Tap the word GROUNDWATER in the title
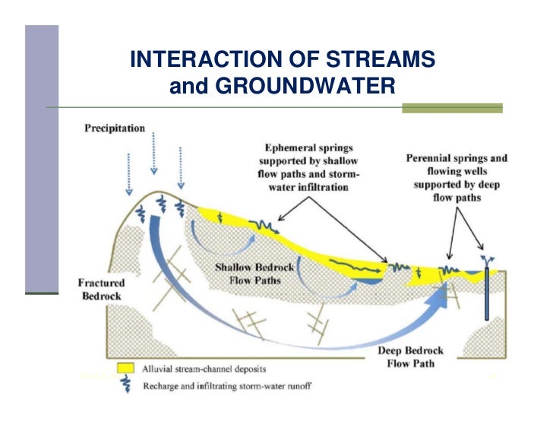tap(305, 87)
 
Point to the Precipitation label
tap(114, 128)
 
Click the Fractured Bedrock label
tap(102, 289)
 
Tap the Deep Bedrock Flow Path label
tap(410, 357)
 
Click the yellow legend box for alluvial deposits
tap(125, 369)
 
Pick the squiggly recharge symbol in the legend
tap(125, 385)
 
